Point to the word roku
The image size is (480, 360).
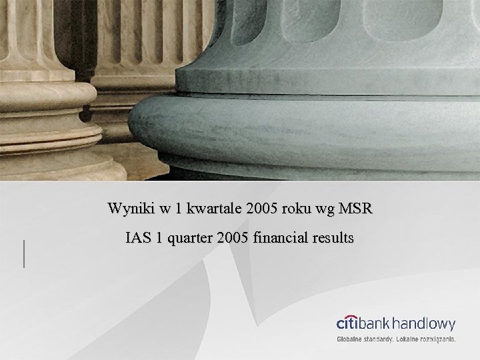[293, 209]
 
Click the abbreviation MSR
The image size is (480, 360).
[357, 209]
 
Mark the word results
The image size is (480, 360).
[333, 238]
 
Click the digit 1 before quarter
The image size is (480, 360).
[159, 238]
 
